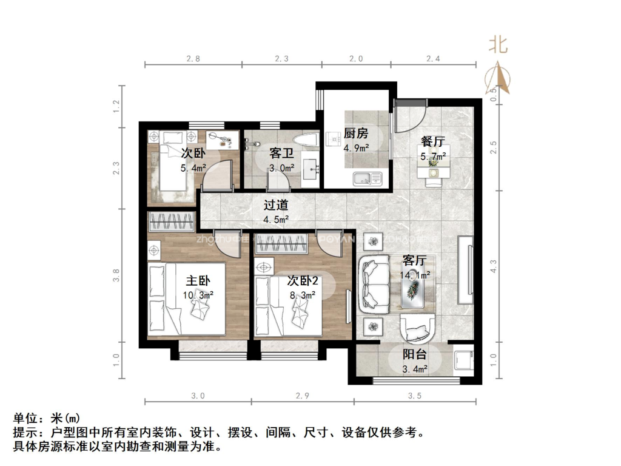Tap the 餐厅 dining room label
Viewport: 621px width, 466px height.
pos(433,141)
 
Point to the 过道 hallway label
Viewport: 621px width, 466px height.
pos(275,205)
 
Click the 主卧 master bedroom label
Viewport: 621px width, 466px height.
pos(198,281)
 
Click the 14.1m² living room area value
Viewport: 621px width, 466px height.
pos(415,275)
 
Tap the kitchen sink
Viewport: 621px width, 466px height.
pos(364,178)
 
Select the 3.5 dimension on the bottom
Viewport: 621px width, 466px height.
pos(415,396)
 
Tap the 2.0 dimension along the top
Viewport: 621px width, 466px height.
pos(356,59)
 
